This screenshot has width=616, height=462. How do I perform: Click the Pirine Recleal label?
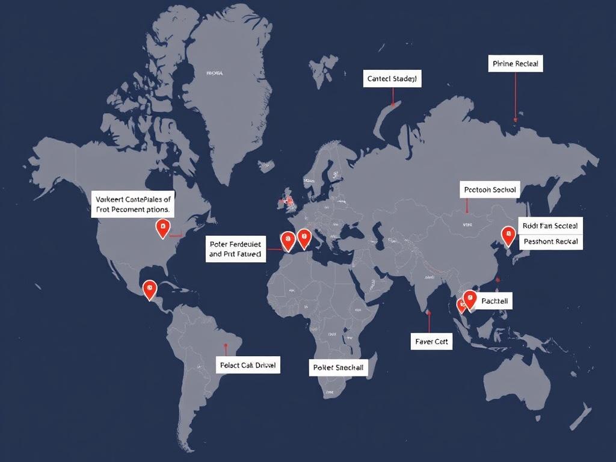(x=516, y=63)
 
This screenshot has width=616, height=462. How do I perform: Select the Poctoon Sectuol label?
(x=489, y=189)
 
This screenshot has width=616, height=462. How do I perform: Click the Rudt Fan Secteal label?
(x=550, y=226)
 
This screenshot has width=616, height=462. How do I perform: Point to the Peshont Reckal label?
(x=550, y=241)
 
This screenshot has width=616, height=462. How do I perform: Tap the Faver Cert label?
(x=431, y=341)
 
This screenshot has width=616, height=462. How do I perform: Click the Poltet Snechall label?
(x=338, y=367)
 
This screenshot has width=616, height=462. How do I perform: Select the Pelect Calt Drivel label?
(x=248, y=365)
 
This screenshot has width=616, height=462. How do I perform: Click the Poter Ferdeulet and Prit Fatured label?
(x=235, y=249)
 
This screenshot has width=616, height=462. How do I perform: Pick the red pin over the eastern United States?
(x=162, y=227)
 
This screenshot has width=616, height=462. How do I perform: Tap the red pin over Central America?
(x=149, y=289)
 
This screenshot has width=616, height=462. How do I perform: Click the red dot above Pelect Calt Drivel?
(x=225, y=346)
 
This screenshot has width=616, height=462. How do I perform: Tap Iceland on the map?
(x=263, y=164)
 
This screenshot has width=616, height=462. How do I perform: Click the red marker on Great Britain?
(x=289, y=200)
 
